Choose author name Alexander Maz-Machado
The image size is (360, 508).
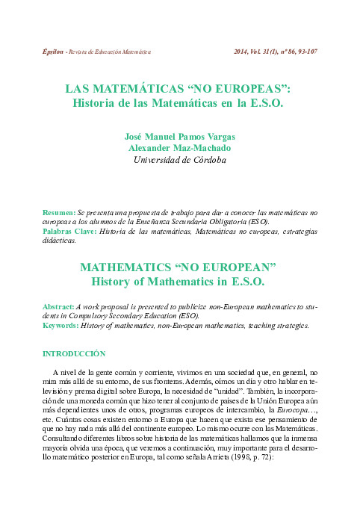click(x=179, y=147)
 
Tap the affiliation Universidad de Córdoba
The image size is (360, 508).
click(x=179, y=159)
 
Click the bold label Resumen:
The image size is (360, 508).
click(x=59, y=213)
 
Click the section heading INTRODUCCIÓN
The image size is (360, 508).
click(x=74, y=353)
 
